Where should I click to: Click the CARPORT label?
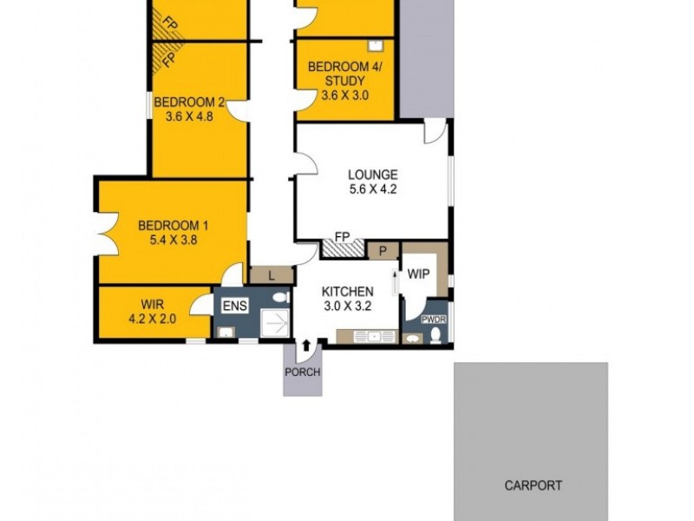point(533,486)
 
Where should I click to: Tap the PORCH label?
point(302,373)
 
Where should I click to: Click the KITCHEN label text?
point(347,292)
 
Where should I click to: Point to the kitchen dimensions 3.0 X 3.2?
point(347,306)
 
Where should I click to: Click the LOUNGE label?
point(372,174)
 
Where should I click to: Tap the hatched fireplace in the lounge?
point(342,247)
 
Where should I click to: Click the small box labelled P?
point(381,250)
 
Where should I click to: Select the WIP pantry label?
point(419,274)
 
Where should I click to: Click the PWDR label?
point(433,320)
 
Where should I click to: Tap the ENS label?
point(234,306)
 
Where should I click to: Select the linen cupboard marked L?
point(272,275)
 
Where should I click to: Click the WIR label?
point(152,304)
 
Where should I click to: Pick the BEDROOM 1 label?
point(173,227)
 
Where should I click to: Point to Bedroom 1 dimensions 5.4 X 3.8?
point(173,241)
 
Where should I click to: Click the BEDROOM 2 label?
point(189,102)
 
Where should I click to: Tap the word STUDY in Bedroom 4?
point(344,82)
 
